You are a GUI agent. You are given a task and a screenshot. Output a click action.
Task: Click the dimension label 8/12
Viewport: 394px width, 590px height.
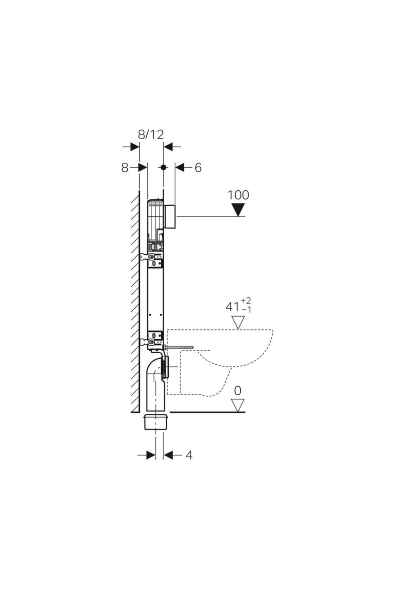[150, 134]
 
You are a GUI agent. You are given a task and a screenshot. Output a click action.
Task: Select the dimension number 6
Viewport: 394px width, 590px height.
[198, 168]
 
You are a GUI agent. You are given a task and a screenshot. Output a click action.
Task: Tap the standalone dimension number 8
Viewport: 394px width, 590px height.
[125, 168]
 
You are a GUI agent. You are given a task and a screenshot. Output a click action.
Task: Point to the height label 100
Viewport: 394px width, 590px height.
[239, 195]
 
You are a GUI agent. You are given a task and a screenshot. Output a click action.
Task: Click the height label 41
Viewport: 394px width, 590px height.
[232, 307]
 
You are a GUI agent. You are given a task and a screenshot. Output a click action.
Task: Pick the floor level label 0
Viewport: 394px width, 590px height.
[238, 390]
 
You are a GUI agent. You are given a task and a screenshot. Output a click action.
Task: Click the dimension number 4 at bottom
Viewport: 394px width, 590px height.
[189, 455]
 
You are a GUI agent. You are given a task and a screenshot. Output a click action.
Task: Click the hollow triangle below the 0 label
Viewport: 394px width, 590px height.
[238, 405]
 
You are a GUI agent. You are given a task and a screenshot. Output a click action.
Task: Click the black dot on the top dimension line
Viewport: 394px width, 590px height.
[163, 167]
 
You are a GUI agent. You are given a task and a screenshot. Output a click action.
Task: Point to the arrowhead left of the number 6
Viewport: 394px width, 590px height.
[180, 167]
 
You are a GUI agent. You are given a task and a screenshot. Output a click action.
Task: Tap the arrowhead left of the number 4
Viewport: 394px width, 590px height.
[151, 455]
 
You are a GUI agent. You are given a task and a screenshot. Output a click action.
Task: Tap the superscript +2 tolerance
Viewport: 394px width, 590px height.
[246, 301]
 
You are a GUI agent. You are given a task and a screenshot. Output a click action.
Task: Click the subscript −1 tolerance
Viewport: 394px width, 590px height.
[246, 310]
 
